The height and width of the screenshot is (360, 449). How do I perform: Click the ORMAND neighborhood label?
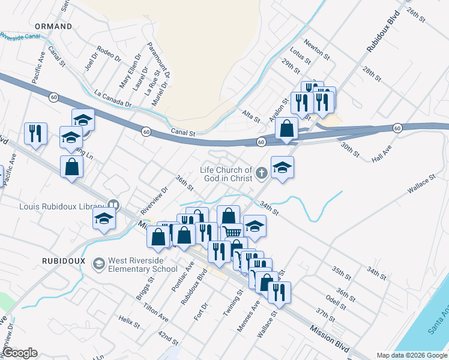(53, 26)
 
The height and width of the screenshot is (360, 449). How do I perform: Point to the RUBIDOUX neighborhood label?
(61, 261)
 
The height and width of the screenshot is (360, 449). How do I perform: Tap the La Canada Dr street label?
(113, 98)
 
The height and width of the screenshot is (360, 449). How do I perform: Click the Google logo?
(20, 353)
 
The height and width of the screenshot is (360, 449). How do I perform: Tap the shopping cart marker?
(232, 232)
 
